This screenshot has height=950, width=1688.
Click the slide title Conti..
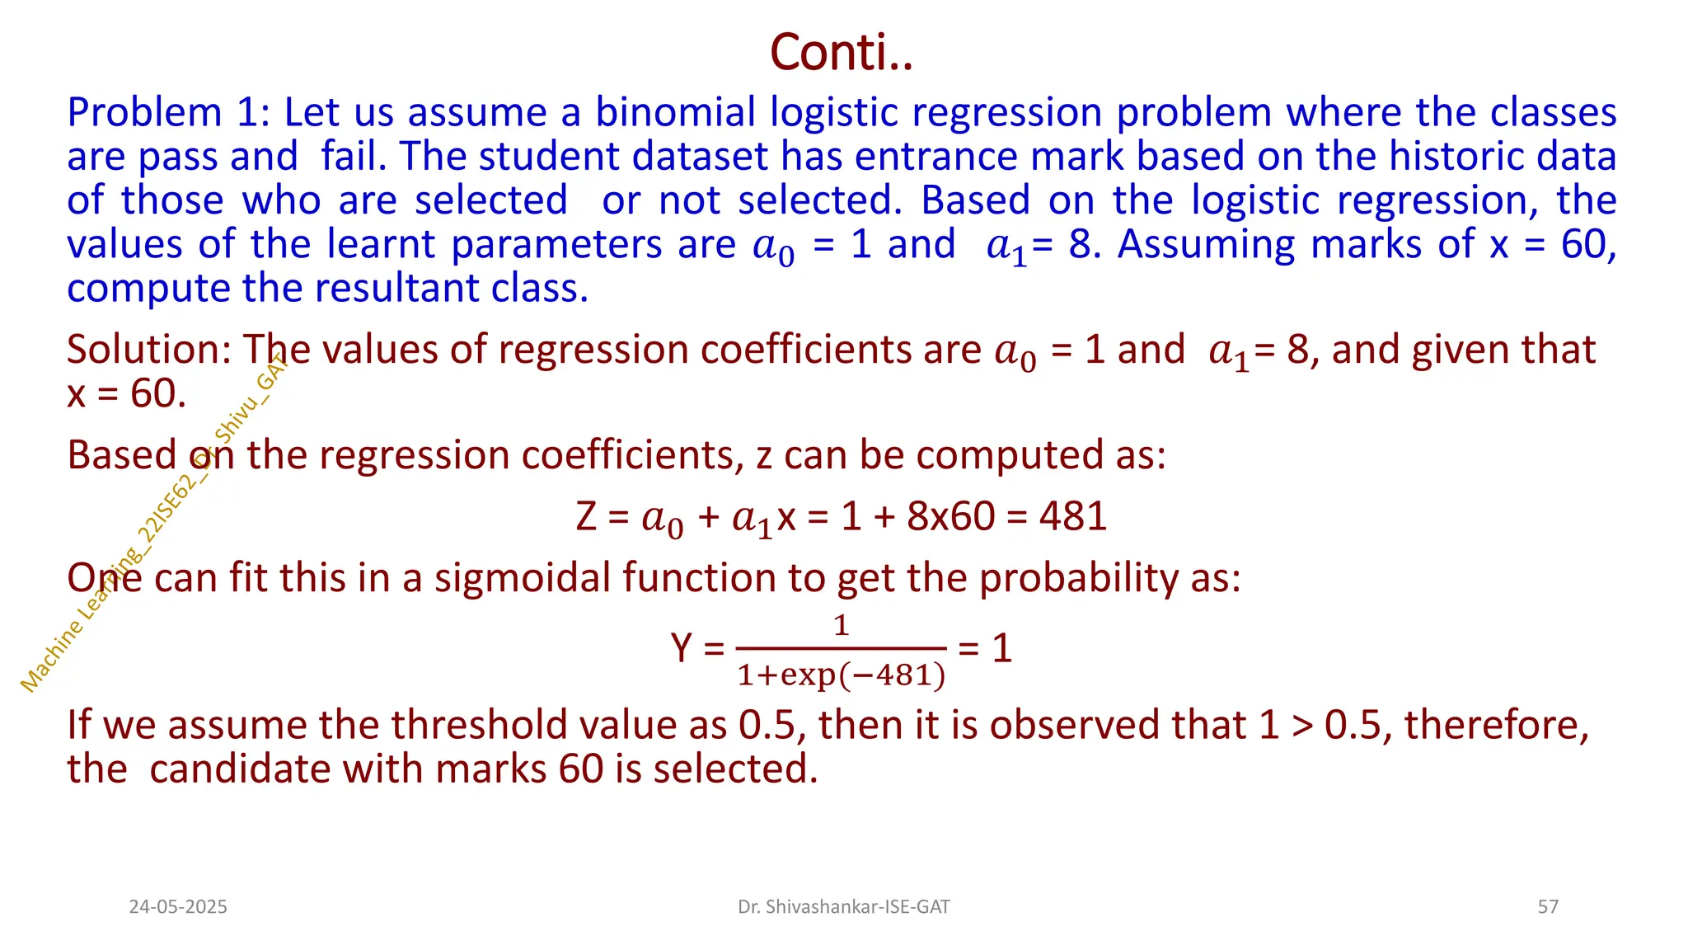pos(841,52)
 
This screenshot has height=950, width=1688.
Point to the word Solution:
pos(148,350)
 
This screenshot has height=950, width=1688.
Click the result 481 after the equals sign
pos(1072,517)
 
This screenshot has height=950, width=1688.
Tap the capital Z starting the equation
pos(586,517)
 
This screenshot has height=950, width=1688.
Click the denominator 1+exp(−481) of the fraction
pos(841,675)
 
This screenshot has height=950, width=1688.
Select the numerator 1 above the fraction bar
pos(841,625)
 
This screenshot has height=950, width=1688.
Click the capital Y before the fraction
pos(682,648)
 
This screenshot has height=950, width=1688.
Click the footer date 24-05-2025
pos(178,907)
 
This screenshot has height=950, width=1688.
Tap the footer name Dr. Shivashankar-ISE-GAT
pos(843,907)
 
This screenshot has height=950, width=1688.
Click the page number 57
pos(1548,907)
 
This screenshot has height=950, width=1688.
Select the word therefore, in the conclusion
pos(1496,726)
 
